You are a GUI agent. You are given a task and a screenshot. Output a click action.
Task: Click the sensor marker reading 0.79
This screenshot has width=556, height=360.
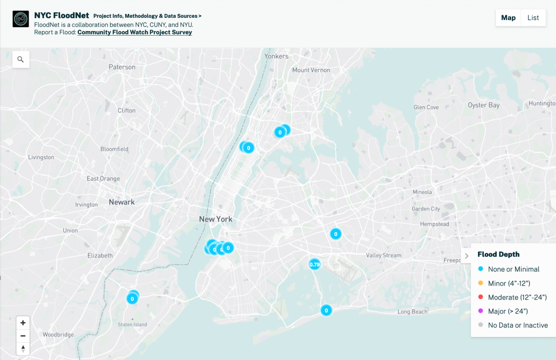pos(314,264)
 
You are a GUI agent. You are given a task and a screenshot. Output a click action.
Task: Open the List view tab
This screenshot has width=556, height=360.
pos(533,18)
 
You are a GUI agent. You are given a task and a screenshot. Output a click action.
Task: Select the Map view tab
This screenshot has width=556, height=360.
pos(508,18)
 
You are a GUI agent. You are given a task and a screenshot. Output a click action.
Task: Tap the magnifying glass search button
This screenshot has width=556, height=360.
pos(21,59)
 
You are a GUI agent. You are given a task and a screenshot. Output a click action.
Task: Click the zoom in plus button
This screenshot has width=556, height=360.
pos(23,323)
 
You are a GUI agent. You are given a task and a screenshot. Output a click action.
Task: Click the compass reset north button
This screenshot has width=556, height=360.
pos(23,348)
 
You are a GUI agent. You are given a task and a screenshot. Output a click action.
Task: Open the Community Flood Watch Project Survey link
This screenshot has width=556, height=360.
pos(135,32)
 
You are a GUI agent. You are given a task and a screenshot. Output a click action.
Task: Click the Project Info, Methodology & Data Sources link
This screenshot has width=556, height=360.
pos(147,16)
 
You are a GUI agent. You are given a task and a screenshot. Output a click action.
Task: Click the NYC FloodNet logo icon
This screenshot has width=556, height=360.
pos(21,19)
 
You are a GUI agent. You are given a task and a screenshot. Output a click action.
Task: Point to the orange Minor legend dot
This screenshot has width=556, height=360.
pos(480,283)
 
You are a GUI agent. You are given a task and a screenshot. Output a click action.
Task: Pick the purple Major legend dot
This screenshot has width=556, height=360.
pos(480,311)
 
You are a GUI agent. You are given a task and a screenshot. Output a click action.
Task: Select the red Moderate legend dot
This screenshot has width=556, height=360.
pos(480,297)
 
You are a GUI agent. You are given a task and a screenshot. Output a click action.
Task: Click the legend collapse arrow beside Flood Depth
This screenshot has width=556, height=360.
pos(467,256)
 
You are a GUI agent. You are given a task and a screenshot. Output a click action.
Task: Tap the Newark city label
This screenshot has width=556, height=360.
pos(122,202)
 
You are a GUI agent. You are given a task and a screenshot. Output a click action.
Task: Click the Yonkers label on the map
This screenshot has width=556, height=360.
pos(276,56)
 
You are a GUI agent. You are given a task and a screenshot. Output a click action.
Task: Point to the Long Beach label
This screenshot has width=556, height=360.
pos(412,311)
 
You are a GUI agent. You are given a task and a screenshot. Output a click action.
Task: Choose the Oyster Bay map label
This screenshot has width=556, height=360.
pos(483,105)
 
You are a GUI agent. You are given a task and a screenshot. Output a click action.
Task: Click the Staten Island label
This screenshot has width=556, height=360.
pos(132,324)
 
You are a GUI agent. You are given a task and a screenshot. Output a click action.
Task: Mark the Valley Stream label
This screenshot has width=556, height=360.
pos(384,255)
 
